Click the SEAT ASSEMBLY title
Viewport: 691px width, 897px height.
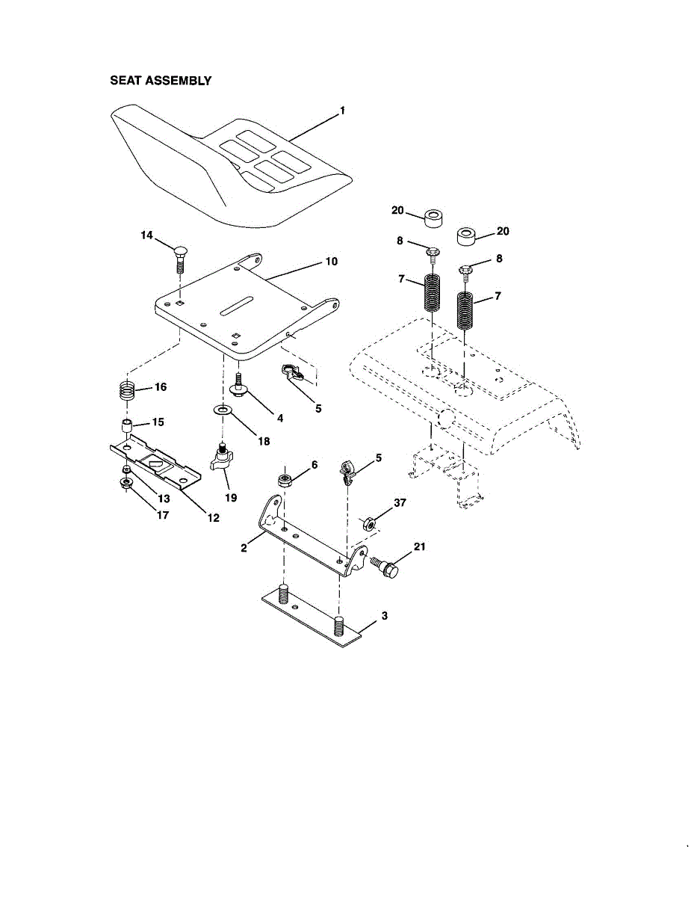click(x=161, y=81)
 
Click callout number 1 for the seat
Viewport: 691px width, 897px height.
click(x=342, y=111)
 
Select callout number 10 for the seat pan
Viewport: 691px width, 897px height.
click(x=331, y=262)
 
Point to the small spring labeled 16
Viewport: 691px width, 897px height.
click(x=127, y=390)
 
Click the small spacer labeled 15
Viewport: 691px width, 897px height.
click(x=127, y=425)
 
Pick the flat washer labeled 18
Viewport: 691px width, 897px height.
click(x=222, y=410)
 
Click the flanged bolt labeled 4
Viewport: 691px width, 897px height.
click(x=238, y=386)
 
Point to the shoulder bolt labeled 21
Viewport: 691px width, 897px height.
click(x=385, y=567)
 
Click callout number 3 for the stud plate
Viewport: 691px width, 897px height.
click(x=384, y=616)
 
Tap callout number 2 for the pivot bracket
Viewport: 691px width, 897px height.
click(x=244, y=548)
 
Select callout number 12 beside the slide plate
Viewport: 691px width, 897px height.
click(x=214, y=517)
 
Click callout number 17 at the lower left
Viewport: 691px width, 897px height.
click(x=163, y=515)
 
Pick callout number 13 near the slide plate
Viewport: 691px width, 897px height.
click(x=164, y=499)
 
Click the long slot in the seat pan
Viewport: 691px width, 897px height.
click(x=236, y=306)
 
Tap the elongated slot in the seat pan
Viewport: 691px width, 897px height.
click(x=236, y=306)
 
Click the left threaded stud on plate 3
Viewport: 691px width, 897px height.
click(x=283, y=594)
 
